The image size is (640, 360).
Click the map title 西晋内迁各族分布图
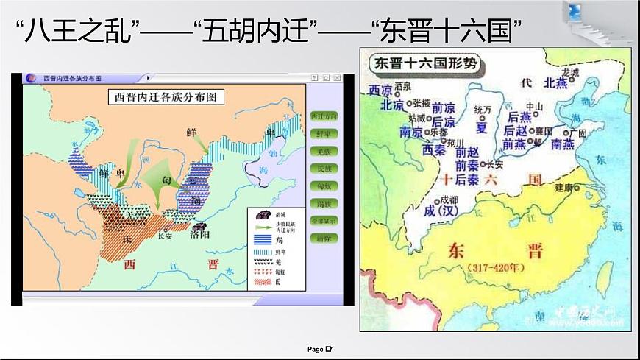pos(166,96)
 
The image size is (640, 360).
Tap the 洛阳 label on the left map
pos(198,236)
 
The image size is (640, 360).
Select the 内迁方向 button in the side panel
pos(324,116)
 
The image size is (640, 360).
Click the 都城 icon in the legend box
pos(263,214)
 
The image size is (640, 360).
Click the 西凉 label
pos(380,91)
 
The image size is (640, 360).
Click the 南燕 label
pos(562,144)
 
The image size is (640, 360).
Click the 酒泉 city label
pos(402,85)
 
